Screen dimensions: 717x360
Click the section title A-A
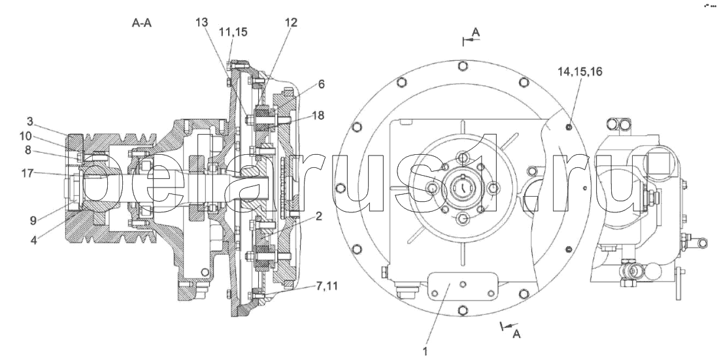pyautogui.click(x=141, y=23)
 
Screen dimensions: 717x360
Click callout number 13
pyautogui.click(x=202, y=22)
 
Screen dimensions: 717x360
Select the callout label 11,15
pyautogui.click(x=233, y=32)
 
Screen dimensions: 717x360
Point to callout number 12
pyautogui.click(x=291, y=22)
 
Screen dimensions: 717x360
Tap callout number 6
pyautogui.click(x=322, y=84)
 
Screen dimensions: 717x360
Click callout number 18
pyautogui.click(x=318, y=115)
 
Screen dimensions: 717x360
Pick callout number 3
pyautogui.click(x=29, y=122)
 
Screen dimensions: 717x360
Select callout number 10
pyautogui.click(x=25, y=136)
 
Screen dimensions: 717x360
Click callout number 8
pyautogui.click(x=28, y=150)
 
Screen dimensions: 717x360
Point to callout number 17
pyautogui.click(x=27, y=173)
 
